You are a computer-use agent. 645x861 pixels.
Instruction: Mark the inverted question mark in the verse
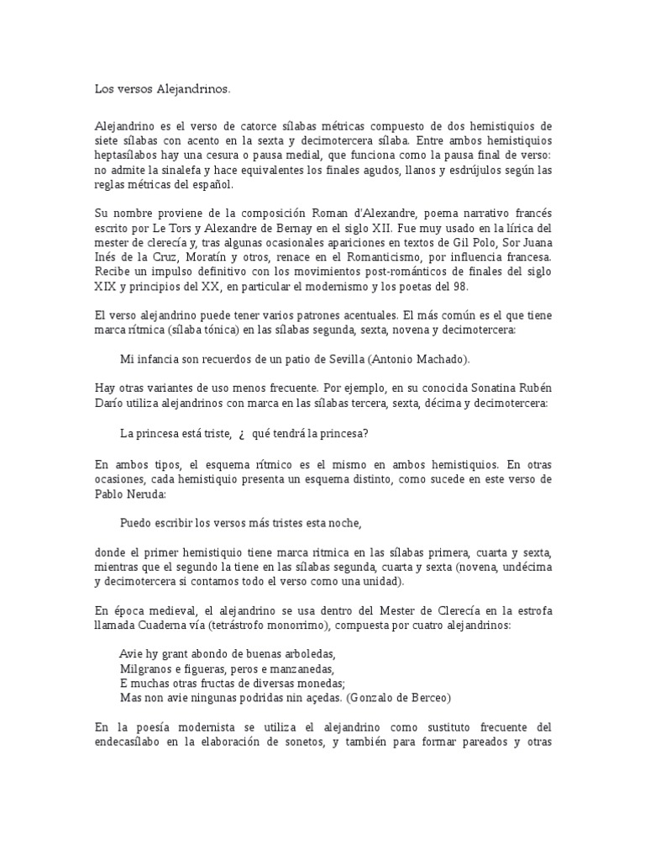pos(241,435)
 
